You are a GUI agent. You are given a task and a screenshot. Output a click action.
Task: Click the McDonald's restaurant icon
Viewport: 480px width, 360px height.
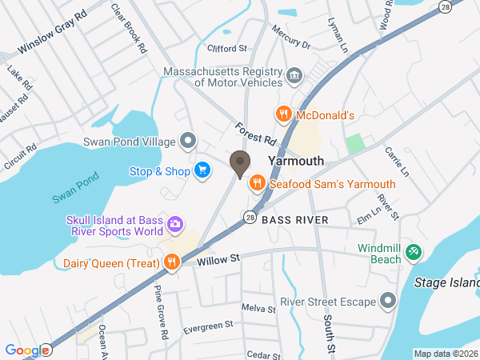click(x=282, y=115)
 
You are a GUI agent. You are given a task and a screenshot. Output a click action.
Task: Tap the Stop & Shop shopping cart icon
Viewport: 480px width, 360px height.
click(x=202, y=170)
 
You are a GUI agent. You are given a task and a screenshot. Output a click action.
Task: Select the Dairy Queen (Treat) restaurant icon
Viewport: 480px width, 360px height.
click(x=171, y=262)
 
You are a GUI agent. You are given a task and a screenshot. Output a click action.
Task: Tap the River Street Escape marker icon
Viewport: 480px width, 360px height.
click(x=389, y=302)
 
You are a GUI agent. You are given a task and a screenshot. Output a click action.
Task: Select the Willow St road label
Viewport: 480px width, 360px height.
click(x=218, y=259)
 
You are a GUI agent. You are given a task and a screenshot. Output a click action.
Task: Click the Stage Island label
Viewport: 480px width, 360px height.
click(x=445, y=282)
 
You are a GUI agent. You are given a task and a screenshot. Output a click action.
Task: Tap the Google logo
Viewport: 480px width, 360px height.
click(x=26, y=350)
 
